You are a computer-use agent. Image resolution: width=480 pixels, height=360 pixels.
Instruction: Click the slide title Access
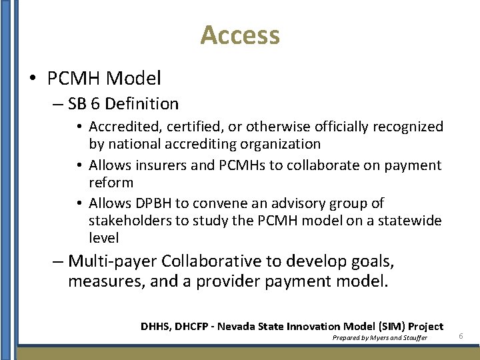(x=240, y=35)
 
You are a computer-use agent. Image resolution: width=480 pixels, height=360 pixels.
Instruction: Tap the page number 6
(x=461, y=337)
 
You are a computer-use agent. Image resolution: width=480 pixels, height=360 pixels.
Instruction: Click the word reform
(x=111, y=182)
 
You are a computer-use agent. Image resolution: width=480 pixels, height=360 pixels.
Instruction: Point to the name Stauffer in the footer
(x=413, y=338)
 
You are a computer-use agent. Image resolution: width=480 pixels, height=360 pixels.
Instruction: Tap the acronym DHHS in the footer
(x=155, y=327)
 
